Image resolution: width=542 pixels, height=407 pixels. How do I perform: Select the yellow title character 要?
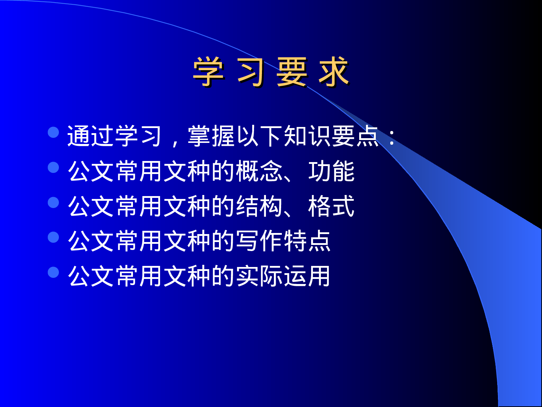click(292, 72)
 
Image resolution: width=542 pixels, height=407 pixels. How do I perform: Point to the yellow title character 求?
click(334, 72)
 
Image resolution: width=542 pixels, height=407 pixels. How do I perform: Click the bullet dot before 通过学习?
click(53, 132)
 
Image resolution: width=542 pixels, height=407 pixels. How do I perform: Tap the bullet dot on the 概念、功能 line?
click(53, 168)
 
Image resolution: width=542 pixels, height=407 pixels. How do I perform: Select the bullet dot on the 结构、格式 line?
click(53, 203)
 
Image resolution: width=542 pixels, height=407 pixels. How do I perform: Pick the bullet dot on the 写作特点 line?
click(53, 237)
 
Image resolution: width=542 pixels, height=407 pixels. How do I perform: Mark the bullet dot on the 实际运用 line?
click(53, 272)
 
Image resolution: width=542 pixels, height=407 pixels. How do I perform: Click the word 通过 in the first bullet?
click(91, 136)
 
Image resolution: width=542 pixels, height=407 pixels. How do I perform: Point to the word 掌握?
click(211, 136)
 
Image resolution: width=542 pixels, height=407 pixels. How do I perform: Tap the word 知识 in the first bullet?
click(307, 136)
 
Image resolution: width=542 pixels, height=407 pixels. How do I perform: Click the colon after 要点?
click(392, 137)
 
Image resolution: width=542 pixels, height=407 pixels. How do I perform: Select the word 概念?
click(259, 171)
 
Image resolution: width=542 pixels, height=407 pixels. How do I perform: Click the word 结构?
click(259, 206)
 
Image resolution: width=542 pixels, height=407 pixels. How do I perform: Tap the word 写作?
click(259, 241)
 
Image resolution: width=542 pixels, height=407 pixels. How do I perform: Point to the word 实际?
click(259, 276)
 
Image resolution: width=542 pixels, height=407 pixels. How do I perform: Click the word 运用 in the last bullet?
click(307, 276)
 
